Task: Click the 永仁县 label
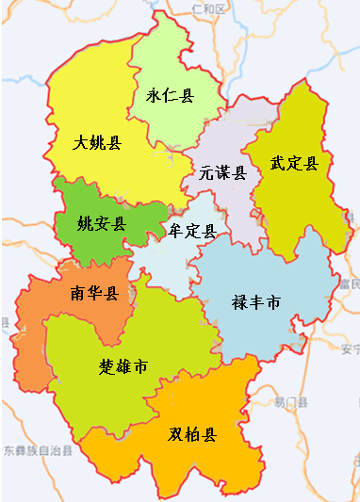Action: [x=170, y=95]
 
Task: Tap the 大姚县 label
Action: [x=97, y=143]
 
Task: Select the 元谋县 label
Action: [x=222, y=173]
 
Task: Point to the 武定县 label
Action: [x=294, y=163]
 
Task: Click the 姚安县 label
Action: [x=101, y=224]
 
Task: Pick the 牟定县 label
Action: [x=192, y=231]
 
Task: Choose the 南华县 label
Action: [x=93, y=293]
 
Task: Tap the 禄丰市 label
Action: [x=256, y=303]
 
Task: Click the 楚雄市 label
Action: [x=123, y=365]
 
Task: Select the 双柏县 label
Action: [x=192, y=434]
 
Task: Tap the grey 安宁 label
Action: [x=351, y=349]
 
